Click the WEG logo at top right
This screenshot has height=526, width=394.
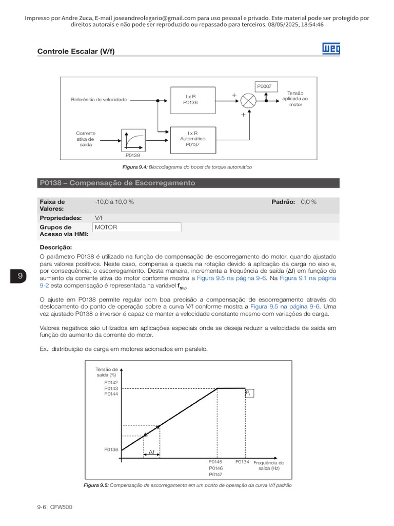[331, 49]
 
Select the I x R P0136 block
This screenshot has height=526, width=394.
[191, 99]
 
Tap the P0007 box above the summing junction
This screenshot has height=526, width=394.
[265, 86]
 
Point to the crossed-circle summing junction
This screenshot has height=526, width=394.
[248, 100]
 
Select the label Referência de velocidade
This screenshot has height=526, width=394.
[98, 99]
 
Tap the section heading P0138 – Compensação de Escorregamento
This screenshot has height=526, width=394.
[117, 183]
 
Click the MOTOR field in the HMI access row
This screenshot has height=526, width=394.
[136, 227]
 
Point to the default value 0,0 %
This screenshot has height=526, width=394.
[309, 202]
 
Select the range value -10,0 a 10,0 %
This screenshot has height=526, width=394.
[114, 202]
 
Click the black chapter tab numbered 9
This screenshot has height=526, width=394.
[20, 276]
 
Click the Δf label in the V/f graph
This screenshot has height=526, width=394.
[151, 452]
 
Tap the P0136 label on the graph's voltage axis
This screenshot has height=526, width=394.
[111, 449]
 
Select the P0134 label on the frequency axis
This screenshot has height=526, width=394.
[242, 462]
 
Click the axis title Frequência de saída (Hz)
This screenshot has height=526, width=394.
[268, 465]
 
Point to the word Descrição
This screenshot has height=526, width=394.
[55, 247]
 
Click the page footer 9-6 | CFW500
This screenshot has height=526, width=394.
[54, 507]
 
